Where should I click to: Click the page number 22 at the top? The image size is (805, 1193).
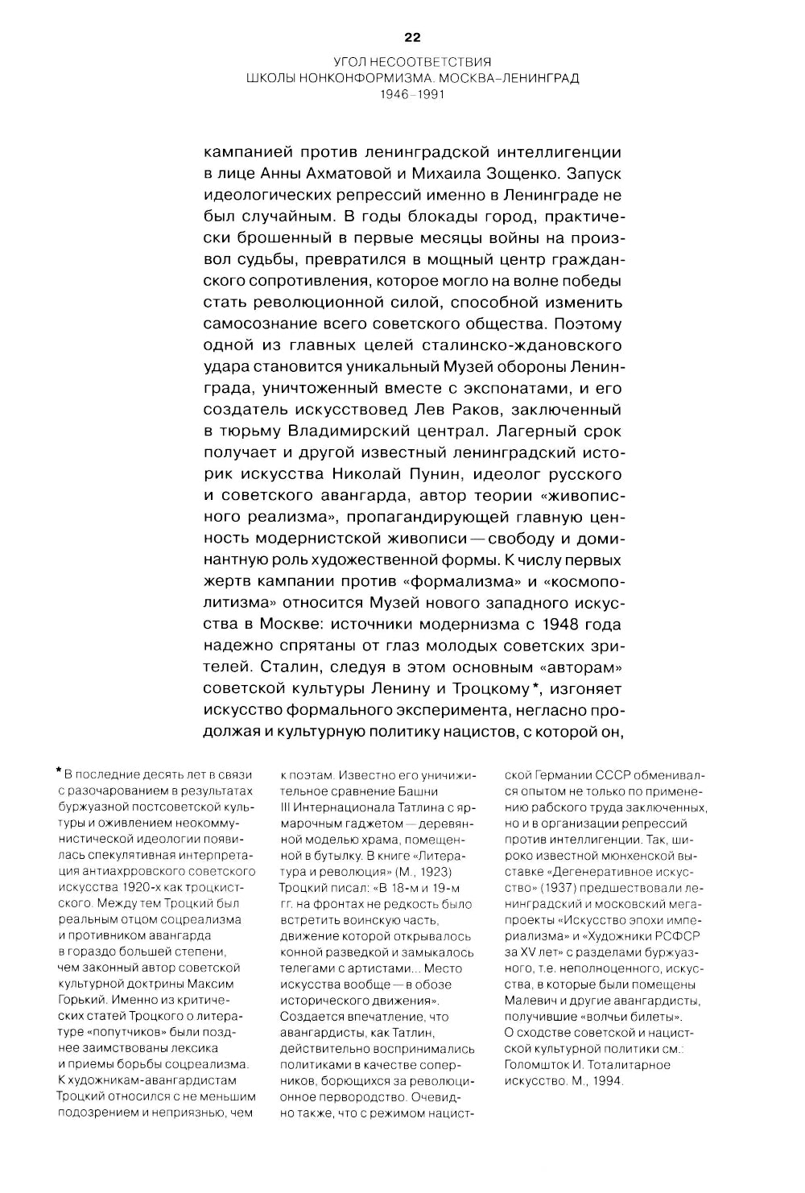[412, 37]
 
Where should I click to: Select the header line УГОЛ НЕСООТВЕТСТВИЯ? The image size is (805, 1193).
[412, 62]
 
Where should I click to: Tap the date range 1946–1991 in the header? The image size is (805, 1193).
[412, 93]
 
